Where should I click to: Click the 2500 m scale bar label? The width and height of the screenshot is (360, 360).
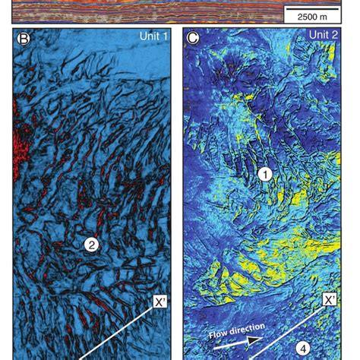(x=308, y=17)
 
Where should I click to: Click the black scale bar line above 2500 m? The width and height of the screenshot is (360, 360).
(x=308, y=8)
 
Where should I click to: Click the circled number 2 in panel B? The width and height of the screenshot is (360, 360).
(x=90, y=245)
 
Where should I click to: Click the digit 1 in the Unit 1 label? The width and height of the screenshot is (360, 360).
(x=164, y=36)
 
